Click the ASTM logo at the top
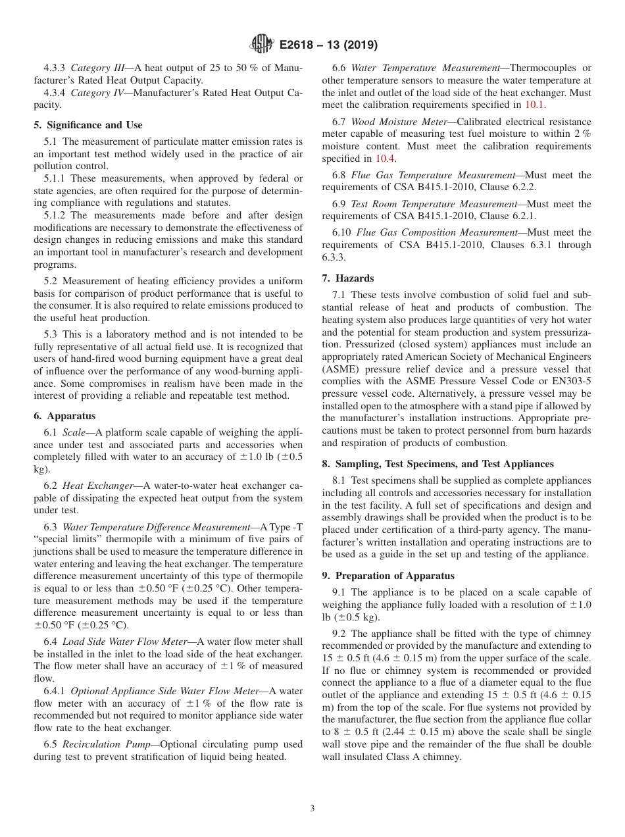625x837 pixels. [261, 45]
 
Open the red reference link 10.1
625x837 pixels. [534, 105]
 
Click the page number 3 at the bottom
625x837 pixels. [312, 809]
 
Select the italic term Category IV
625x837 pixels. [96, 93]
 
